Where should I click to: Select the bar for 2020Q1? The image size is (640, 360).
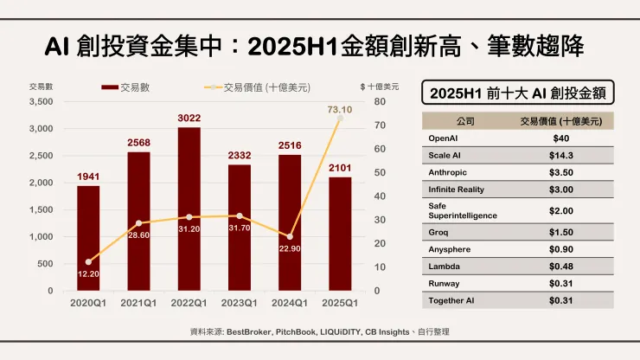pos(88,238)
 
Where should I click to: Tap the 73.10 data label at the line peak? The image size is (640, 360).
pos(338,110)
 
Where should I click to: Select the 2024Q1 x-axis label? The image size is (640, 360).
pos(289,302)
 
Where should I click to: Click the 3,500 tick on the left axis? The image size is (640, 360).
pos(41,102)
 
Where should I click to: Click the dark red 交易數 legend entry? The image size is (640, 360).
pos(121,87)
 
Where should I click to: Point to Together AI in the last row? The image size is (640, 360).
pos(451,300)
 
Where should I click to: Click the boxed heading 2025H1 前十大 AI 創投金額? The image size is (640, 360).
pos(516,93)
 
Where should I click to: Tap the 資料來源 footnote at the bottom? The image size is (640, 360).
pos(319,331)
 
